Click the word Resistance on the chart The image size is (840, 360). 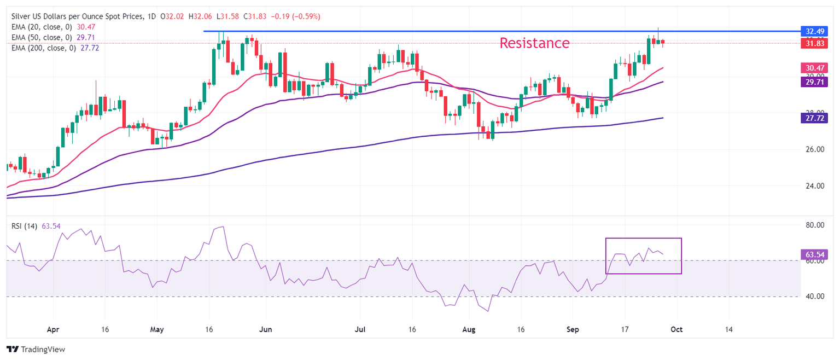(534, 43)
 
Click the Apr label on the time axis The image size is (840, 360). (53, 330)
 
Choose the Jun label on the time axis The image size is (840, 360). (265, 330)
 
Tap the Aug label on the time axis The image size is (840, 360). (468, 330)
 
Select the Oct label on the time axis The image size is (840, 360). (677, 330)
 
